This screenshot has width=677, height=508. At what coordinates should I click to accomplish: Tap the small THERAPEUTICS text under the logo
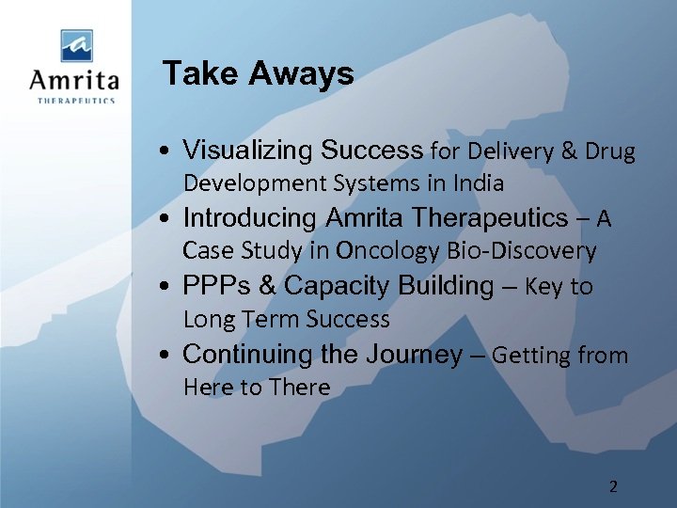pos(76,101)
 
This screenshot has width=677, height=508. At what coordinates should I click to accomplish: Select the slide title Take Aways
pos(258,73)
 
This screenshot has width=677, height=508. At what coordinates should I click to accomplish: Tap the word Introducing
pos(250,218)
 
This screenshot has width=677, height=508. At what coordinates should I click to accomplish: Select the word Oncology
pos(387,251)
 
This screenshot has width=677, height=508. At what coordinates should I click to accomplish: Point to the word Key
pos(543,287)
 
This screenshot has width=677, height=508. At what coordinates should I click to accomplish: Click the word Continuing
pos(247,355)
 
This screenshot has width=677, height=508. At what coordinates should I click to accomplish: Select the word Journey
pos(417,355)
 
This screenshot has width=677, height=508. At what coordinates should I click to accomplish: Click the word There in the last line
pos(299,388)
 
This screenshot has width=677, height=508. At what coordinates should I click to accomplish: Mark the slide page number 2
pos(613,486)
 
